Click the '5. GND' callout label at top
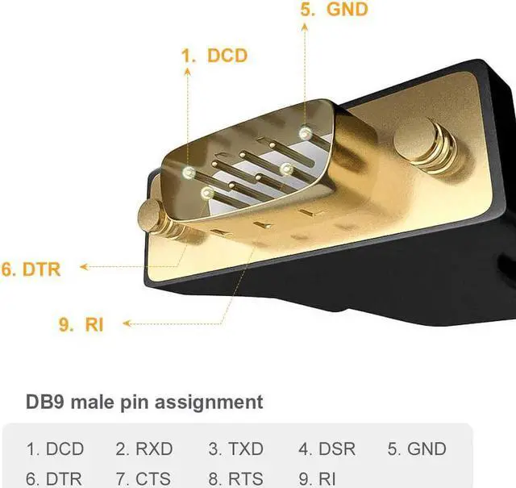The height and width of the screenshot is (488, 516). pyautogui.click(x=335, y=10)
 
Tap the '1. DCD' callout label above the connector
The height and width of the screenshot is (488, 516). pyautogui.click(x=214, y=56)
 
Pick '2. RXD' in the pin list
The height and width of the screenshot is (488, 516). pyautogui.click(x=144, y=449)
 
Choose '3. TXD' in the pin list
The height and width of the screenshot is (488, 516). pyautogui.click(x=237, y=449)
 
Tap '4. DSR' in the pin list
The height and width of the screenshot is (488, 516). pyautogui.click(x=327, y=449)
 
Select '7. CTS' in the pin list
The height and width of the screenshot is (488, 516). pyautogui.click(x=144, y=478)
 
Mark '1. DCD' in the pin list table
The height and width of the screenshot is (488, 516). pyautogui.click(x=55, y=449)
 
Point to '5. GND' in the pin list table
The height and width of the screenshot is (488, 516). pyautogui.click(x=416, y=449)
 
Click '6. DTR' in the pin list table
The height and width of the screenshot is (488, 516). pyautogui.click(x=55, y=478)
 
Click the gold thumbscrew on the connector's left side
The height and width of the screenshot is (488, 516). pyautogui.click(x=156, y=216)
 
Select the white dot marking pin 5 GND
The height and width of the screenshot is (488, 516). pyautogui.click(x=305, y=131)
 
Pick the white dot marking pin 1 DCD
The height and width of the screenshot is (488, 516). pyautogui.click(x=189, y=173)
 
